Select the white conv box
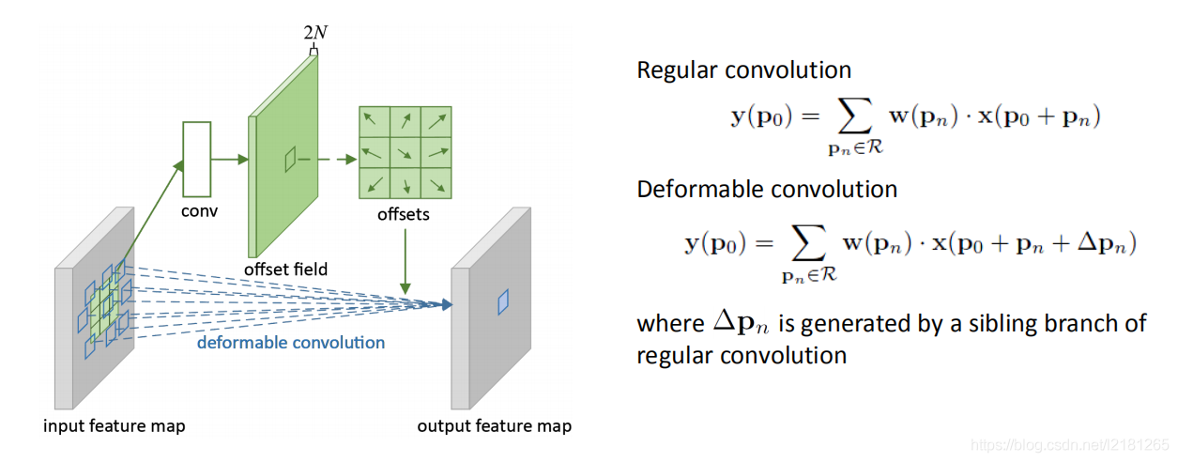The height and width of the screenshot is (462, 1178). (x=195, y=159)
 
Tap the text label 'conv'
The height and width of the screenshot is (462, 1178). (x=199, y=210)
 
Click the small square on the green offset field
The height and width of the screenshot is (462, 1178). (x=290, y=159)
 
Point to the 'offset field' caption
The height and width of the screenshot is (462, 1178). (x=285, y=269)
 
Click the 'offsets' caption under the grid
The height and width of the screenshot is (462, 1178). (x=404, y=214)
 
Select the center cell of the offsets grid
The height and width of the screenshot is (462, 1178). (x=405, y=152)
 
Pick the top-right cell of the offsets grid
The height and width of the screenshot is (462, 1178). (x=436, y=121)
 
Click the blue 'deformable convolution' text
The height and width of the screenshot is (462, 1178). (x=291, y=343)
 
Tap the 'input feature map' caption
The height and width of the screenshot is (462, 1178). (x=115, y=426)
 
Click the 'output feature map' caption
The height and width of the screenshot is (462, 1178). (x=494, y=426)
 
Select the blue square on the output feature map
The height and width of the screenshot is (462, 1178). (x=502, y=301)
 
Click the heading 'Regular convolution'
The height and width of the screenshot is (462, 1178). (x=743, y=70)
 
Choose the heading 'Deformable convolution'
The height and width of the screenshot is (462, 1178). (x=767, y=189)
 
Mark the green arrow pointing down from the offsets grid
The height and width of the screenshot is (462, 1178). (x=405, y=258)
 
